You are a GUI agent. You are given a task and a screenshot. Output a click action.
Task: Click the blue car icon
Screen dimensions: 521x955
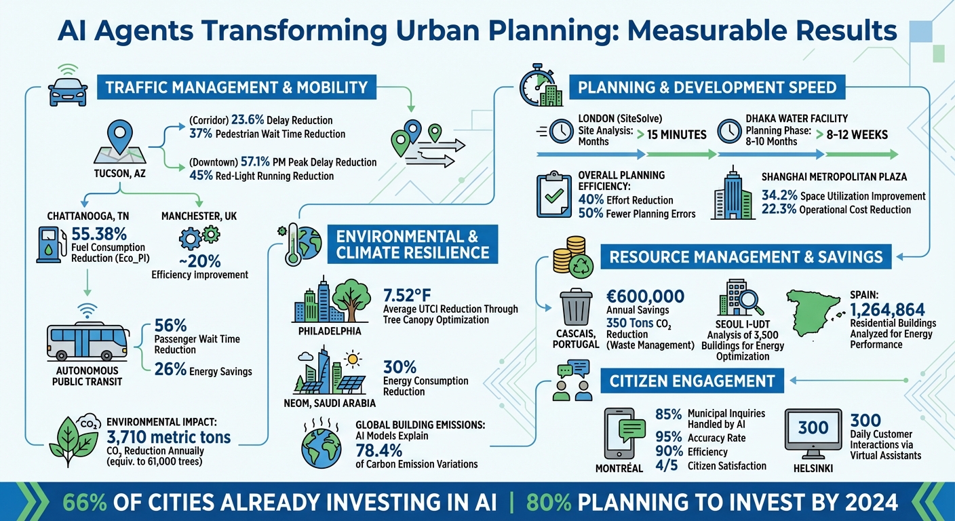(69, 90)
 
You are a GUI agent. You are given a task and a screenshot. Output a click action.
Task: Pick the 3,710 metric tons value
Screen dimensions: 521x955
(168, 436)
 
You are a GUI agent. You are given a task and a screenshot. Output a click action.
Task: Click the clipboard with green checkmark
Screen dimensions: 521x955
(555, 195)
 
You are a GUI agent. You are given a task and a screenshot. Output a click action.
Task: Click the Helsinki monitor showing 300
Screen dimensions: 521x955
(813, 429)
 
